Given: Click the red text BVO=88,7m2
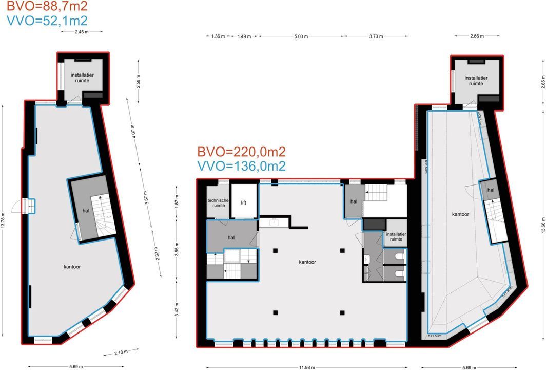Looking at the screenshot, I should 47,7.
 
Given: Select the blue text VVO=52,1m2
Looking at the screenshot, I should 47,21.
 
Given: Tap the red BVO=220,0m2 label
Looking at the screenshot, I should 241,152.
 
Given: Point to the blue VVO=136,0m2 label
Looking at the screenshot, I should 241,166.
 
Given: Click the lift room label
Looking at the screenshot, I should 244,202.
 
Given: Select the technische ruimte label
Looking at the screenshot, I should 218,203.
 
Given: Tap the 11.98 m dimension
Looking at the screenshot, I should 306,367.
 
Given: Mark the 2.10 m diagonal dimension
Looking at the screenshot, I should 121,352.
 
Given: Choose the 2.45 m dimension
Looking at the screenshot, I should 82,32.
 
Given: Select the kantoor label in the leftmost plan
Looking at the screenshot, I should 72,267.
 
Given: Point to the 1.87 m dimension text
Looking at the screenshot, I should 177,200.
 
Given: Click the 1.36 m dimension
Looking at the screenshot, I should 219,36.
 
